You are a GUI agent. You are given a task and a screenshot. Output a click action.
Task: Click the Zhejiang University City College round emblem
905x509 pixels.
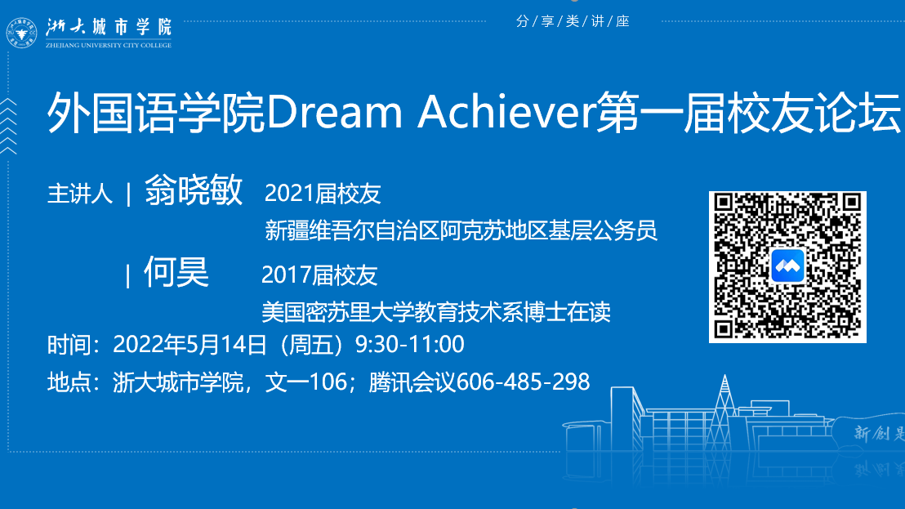point(21,33)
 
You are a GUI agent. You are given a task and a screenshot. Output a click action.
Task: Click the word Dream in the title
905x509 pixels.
point(334,112)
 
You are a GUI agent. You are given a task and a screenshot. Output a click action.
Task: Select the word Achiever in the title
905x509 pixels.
point(506,111)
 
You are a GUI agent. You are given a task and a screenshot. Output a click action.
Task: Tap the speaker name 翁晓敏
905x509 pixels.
point(194,190)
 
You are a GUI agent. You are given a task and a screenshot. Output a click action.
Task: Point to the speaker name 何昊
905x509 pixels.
point(176,272)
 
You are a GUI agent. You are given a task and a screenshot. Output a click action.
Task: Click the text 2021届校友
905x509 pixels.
point(323,194)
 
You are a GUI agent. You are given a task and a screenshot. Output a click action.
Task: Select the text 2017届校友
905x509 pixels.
point(319,276)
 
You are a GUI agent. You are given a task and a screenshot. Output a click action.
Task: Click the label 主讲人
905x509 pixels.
point(80,194)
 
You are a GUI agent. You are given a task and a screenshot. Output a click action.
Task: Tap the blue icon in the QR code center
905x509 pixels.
point(787,266)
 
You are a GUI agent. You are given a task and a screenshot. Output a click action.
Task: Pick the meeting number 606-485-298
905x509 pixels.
point(523,382)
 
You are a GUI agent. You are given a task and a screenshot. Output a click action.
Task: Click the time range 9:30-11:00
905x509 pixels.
point(409,345)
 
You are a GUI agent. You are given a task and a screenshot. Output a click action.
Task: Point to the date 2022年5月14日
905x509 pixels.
point(189,345)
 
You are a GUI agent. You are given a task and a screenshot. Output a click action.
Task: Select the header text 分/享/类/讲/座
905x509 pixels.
point(573,21)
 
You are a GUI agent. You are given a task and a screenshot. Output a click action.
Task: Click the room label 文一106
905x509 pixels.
point(306,382)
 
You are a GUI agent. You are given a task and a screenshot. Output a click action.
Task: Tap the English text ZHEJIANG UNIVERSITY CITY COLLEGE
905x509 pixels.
point(109,45)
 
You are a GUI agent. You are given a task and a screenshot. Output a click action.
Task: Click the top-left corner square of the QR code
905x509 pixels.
point(724,203)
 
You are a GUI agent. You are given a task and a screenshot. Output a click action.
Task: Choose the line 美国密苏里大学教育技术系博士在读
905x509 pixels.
point(436,312)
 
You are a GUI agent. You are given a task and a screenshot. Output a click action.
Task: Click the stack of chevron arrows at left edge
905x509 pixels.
point(9,127)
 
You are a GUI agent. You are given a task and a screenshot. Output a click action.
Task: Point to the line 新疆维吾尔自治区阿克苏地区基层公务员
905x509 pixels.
point(461,230)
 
